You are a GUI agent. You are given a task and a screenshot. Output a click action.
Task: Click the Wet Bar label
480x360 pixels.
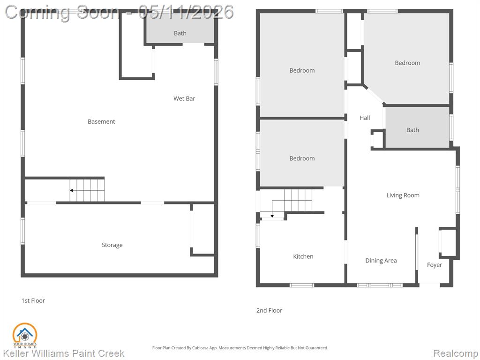pyautogui.click(x=184, y=98)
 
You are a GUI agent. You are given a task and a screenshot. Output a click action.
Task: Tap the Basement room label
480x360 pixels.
pyautogui.click(x=101, y=121)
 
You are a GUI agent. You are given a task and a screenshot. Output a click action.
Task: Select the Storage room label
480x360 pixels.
pyautogui.click(x=112, y=245)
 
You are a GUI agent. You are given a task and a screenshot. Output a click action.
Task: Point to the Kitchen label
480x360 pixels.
pyautogui.click(x=303, y=256)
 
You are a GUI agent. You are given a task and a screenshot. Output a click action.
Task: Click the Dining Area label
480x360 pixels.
pyautogui.click(x=381, y=261)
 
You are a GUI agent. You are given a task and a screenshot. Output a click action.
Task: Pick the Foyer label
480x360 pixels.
pyautogui.click(x=435, y=265)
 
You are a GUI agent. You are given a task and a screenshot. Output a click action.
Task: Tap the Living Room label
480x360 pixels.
pyautogui.click(x=403, y=195)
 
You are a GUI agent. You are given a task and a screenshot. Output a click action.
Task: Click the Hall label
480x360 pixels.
pyautogui.click(x=365, y=118)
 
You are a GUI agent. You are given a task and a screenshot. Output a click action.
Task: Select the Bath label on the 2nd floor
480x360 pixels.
pyautogui.click(x=412, y=130)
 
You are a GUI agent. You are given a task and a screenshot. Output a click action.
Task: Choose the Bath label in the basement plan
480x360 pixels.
pyautogui.click(x=180, y=33)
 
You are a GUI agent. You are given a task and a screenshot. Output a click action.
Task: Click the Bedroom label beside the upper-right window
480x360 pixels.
pyautogui.click(x=407, y=63)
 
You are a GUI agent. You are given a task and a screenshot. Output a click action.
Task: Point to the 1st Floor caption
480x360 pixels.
pyautogui.click(x=33, y=300)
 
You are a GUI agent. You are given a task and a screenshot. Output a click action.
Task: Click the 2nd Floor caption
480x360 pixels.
pyautogui.click(x=269, y=310)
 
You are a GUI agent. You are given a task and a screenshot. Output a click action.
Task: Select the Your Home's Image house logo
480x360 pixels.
pyautogui.click(x=25, y=336)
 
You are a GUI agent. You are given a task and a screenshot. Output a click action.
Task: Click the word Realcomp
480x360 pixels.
pyautogui.click(x=455, y=353)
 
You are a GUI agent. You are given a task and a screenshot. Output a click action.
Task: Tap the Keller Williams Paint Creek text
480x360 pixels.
pyautogui.click(x=64, y=353)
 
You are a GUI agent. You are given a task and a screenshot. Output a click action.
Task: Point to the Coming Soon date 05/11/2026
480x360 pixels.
pyautogui.click(x=186, y=12)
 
